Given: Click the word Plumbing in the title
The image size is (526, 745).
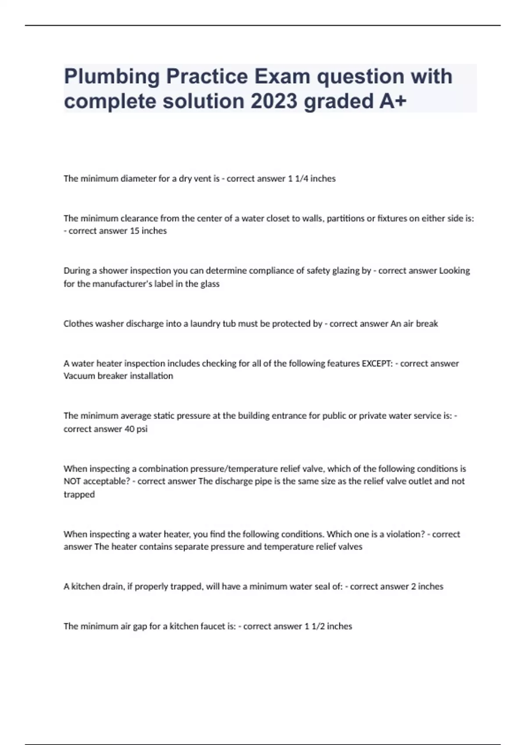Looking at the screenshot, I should click(x=112, y=77).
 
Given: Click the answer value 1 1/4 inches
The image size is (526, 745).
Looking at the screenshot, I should click(x=311, y=179).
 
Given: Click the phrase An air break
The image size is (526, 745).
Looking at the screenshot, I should click(x=414, y=324).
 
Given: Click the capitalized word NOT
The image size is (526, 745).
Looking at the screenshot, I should click(x=72, y=481).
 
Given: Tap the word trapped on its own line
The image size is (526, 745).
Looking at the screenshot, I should click(x=79, y=494).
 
